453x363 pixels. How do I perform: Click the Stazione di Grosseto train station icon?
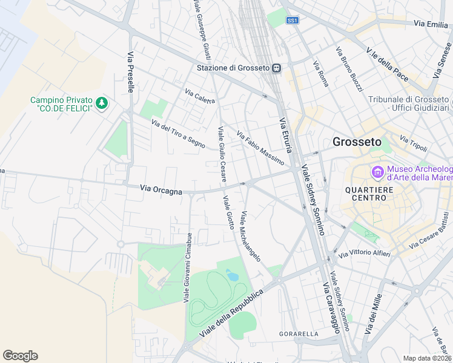276,68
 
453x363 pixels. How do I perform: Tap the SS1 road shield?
293,20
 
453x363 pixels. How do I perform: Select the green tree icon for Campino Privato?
102,103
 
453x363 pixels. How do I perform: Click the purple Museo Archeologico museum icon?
379,173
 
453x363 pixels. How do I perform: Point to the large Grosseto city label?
357,142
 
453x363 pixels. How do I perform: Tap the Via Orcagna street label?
161,191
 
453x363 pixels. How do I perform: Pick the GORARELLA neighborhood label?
299,334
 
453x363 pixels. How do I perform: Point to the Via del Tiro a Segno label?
178,133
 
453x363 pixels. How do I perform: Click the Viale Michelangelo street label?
250,237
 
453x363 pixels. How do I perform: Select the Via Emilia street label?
431,24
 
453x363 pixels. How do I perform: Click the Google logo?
20,356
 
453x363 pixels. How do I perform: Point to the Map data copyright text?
427,358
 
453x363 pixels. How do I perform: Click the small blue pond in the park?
232,276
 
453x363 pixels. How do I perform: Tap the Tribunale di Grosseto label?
407,103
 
